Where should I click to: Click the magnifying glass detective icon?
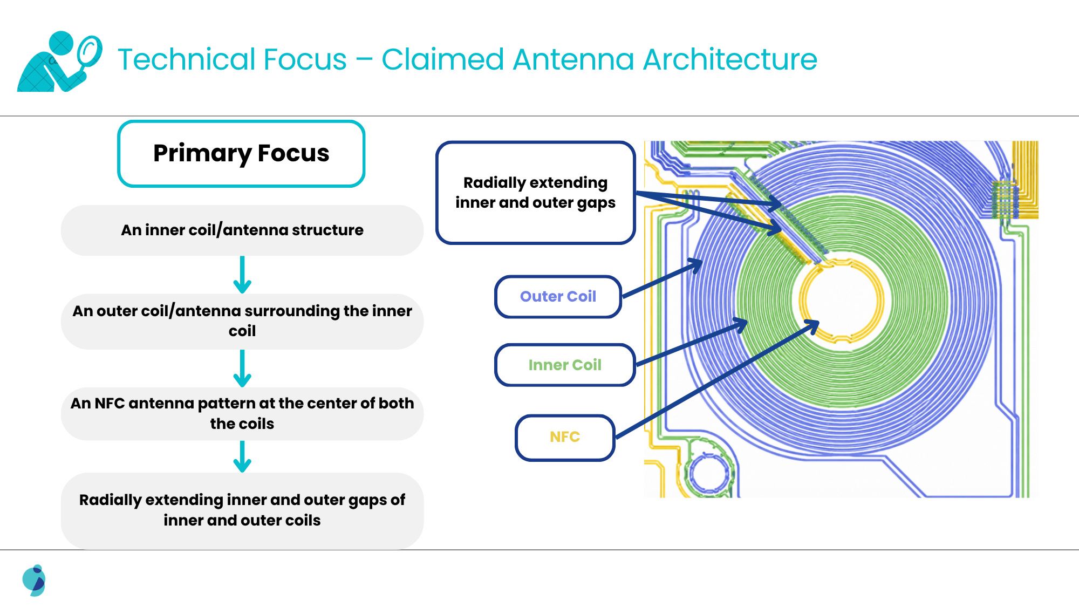coord(59,62)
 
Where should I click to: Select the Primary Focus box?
coord(241,154)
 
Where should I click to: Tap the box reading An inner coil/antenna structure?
coord(242,230)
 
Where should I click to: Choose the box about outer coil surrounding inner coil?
coord(242,321)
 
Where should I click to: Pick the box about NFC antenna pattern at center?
coord(242,413)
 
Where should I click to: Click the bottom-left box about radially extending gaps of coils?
coord(242,510)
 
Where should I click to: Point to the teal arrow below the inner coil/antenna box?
coord(242,275)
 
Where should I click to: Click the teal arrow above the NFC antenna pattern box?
coord(242,369)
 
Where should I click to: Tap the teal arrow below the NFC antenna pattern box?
coord(242,456)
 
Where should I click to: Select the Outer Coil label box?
coord(558,297)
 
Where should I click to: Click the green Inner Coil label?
coord(565,365)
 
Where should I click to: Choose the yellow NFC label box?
coord(565,437)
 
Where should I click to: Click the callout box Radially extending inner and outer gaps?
coord(536,193)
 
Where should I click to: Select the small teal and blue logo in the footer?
coord(34,581)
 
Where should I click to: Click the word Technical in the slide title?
coord(232,59)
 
